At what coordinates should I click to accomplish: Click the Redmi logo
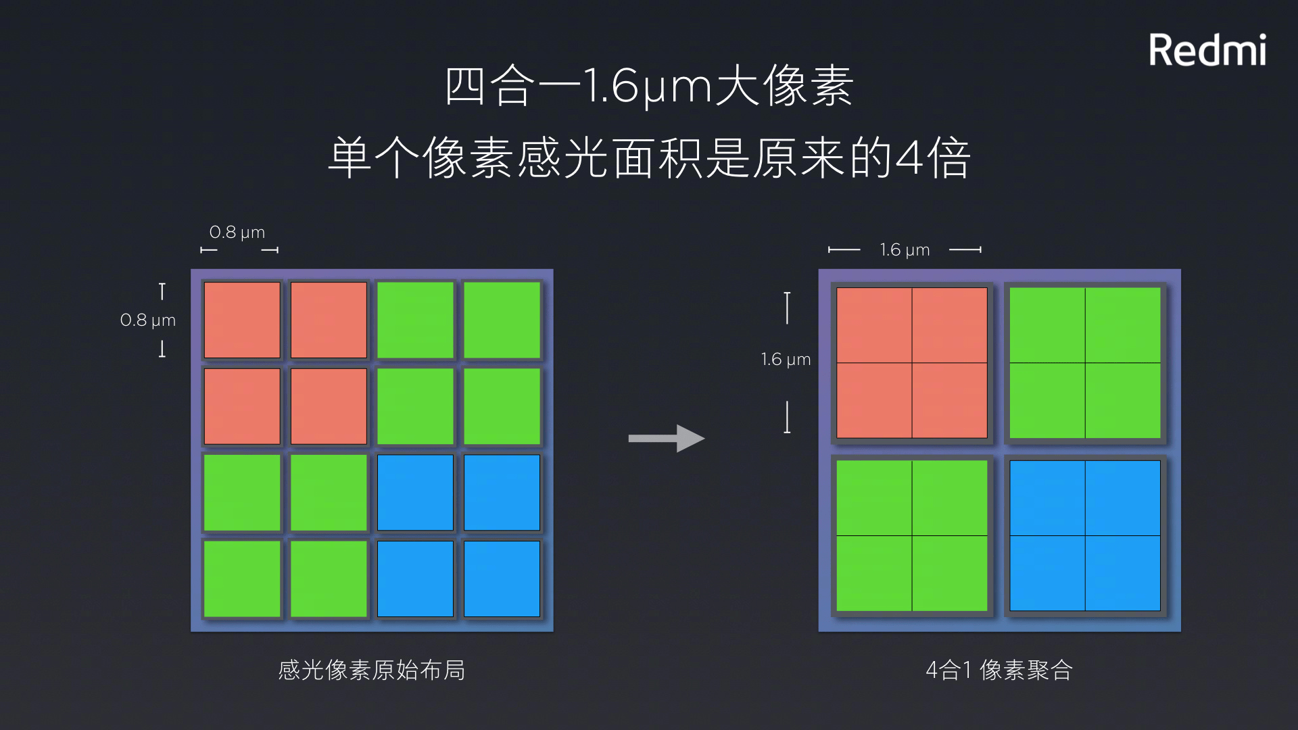click(1207, 51)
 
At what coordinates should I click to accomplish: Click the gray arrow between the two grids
click(666, 439)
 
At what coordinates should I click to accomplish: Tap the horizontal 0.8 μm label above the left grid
click(237, 233)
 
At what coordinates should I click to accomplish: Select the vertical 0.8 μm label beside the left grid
click(148, 320)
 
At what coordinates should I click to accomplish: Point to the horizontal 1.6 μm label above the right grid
click(905, 250)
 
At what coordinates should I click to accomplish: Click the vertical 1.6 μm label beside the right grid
click(785, 360)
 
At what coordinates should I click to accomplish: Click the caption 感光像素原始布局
click(371, 670)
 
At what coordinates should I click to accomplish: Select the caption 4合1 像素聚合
click(999, 670)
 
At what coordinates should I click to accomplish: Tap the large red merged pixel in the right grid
click(912, 363)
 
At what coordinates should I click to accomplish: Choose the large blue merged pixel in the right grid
click(1085, 536)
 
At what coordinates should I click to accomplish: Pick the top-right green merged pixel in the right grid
click(1085, 363)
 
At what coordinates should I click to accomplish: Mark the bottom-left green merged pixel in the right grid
click(912, 536)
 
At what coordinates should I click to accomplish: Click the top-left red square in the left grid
click(242, 320)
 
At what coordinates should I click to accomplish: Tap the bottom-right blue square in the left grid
click(502, 579)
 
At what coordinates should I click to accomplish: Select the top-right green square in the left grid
click(502, 320)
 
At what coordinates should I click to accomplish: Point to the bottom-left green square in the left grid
click(242, 579)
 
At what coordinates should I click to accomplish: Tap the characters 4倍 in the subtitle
click(933, 159)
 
